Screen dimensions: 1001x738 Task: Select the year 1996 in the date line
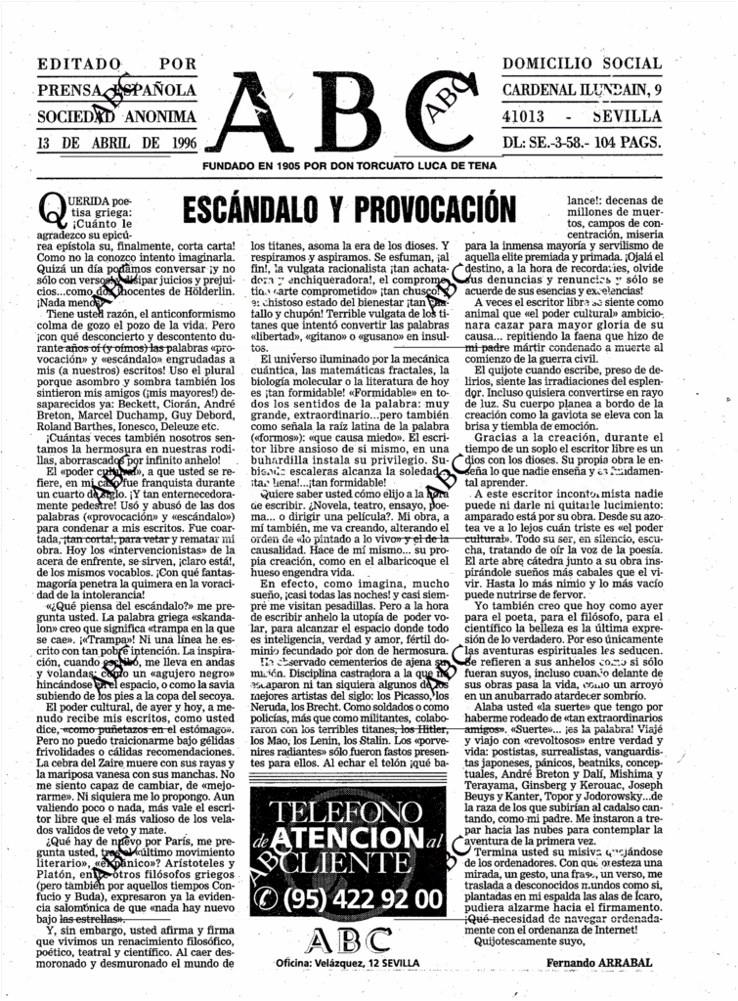[176, 142]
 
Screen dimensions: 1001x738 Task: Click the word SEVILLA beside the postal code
[629, 115]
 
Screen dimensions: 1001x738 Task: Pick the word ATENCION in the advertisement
[353, 839]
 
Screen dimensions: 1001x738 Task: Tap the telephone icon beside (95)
[266, 897]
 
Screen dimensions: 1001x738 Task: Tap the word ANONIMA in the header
[160, 116]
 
